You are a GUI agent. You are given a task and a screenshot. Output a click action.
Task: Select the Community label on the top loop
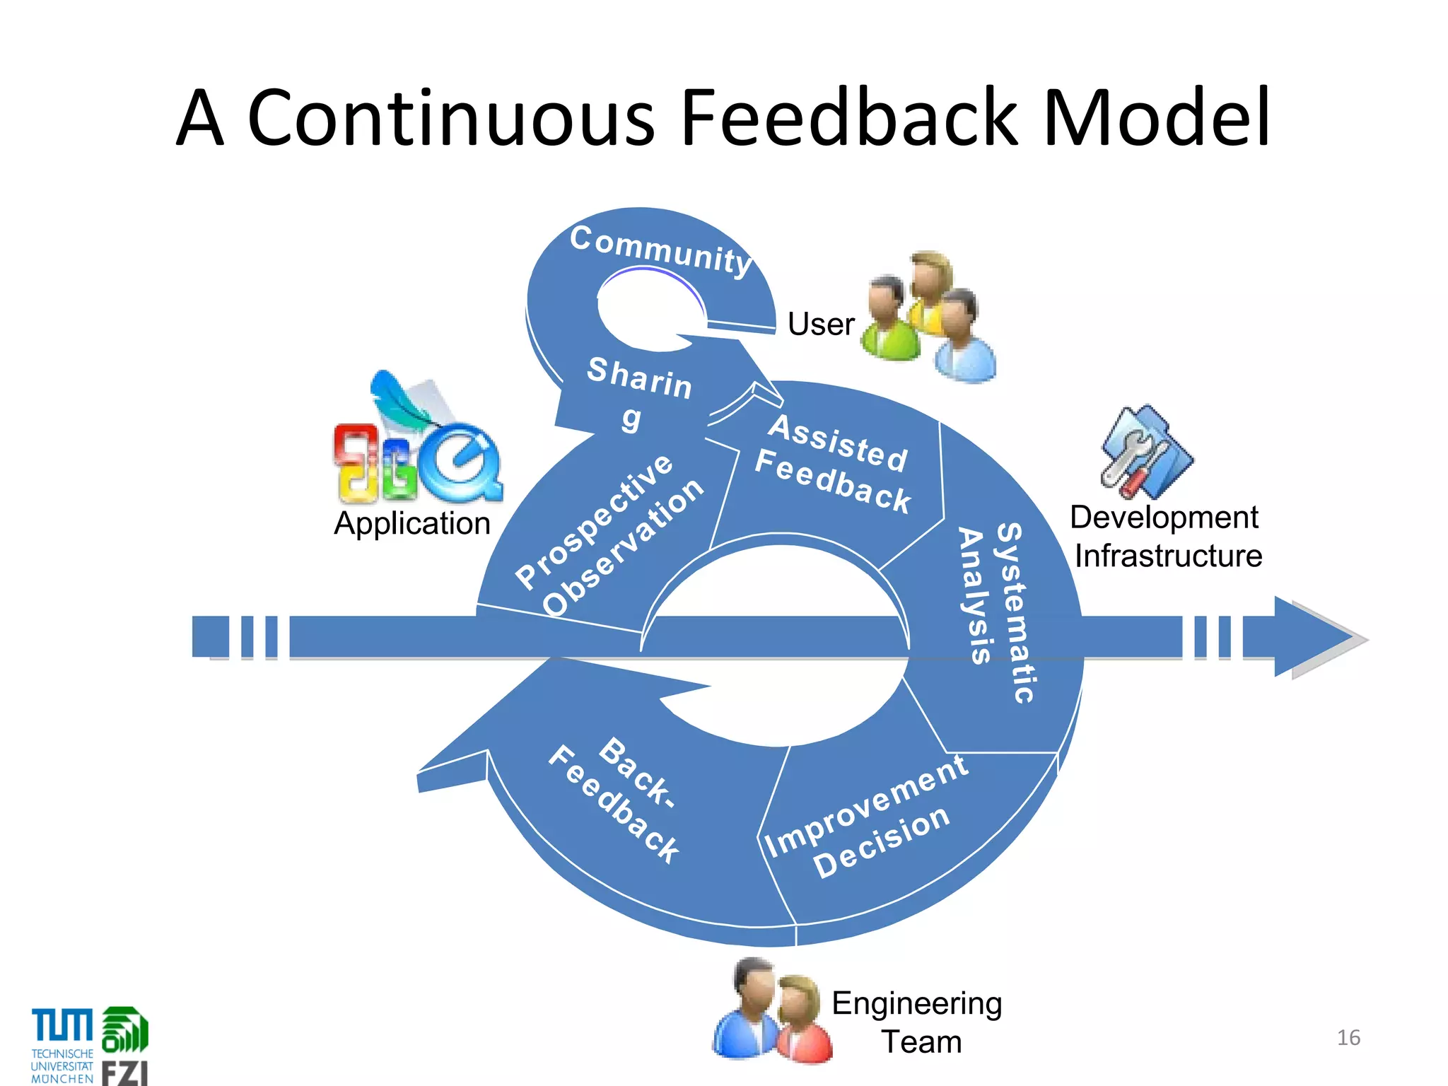tap(660, 250)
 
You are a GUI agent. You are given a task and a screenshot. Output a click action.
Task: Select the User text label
tap(821, 325)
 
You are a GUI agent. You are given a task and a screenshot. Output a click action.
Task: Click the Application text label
tap(412, 524)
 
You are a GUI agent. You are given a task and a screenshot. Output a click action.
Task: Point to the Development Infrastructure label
tap(1167, 537)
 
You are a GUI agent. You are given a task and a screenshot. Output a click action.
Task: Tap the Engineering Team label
tap(918, 1022)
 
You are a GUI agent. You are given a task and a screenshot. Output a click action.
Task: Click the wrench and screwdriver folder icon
tap(1145, 452)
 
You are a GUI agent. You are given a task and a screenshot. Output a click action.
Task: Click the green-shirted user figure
tap(889, 322)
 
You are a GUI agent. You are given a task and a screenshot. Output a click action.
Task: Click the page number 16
tap(1348, 1037)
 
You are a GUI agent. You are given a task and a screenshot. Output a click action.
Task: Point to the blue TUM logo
tap(62, 1025)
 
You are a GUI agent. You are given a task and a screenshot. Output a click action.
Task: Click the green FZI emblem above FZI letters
tap(125, 1029)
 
